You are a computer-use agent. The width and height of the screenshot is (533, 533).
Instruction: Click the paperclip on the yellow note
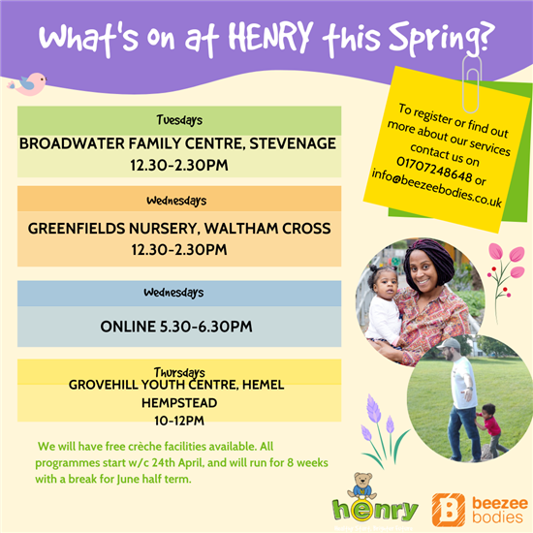point(472,84)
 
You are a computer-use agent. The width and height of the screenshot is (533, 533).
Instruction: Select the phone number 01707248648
point(434,170)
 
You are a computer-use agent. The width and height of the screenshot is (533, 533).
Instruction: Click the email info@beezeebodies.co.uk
point(436,188)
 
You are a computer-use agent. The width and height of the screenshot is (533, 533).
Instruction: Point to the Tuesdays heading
point(179,120)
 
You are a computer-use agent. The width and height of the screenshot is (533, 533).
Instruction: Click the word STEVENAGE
point(293,143)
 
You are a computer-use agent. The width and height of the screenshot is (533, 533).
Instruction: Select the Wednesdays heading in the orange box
point(176,201)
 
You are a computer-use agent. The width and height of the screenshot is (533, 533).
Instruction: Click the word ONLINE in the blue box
point(128,327)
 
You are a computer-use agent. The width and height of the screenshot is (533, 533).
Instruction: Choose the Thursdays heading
point(179,372)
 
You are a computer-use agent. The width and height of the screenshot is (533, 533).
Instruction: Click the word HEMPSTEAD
point(179,403)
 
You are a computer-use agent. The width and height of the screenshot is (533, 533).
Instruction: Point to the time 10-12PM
point(179,421)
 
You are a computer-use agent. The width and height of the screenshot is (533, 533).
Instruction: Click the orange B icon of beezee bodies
point(449,510)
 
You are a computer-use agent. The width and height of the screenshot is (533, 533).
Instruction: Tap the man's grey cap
point(448,344)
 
